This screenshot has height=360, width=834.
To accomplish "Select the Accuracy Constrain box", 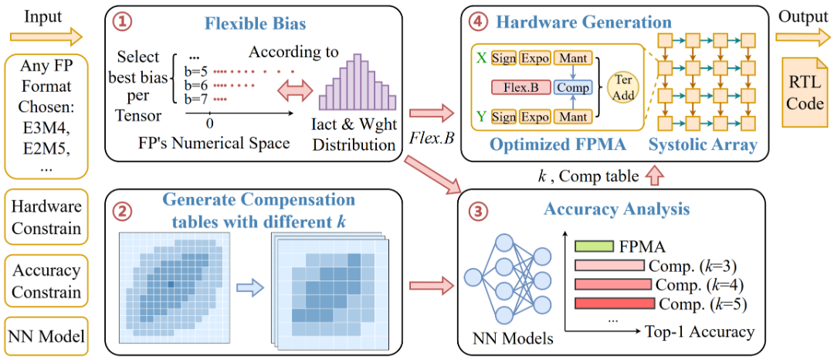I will pyautogui.click(x=46, y=281).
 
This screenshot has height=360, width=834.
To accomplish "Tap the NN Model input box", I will pyautogui.click(x=46, y=336).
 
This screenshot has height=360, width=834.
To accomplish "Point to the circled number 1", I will pyautogui.click(x=120, y=22).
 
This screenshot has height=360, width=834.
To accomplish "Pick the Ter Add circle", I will pyautogui.click(x=622, y=87).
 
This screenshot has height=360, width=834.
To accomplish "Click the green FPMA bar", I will pyautogui.click(x=595, y=246).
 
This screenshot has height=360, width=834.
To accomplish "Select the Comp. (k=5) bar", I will pyautogui.click(x=614, y=303).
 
